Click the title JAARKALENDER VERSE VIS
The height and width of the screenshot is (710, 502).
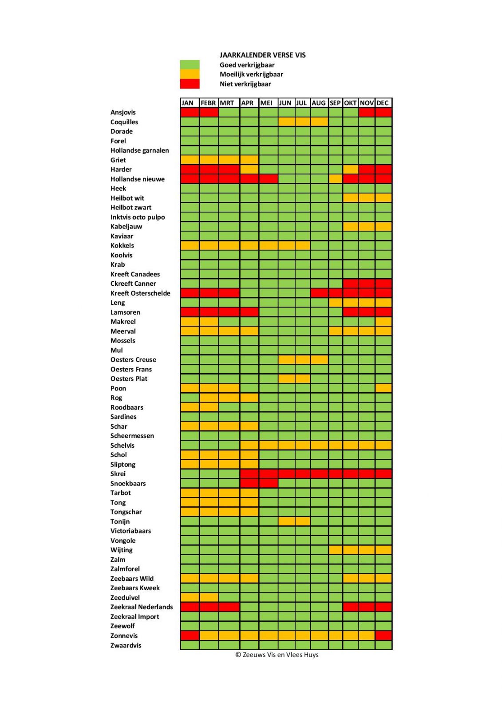(262, 55)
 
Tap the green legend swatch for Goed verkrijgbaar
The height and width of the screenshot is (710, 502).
(190, 65)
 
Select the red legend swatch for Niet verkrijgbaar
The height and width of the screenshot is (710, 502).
(190, 84)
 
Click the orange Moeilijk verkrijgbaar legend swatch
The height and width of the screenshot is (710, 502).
(190, 74)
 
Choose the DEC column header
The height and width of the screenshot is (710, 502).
(383, 103)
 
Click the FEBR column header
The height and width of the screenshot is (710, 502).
(209, 103)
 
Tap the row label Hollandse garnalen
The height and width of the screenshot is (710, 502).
(139, 150)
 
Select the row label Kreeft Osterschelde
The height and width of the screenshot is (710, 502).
(140, 293)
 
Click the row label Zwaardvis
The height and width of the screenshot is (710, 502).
(126, 645)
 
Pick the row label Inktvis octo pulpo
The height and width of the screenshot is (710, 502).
(138, 217)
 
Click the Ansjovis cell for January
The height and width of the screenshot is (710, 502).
(190, 112)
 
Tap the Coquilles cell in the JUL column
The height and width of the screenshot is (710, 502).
(303, 122)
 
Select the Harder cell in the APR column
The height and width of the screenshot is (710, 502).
(249, 169)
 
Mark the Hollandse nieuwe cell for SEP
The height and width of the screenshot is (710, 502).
(336, 179)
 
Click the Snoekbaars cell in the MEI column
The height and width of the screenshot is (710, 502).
(268, 483)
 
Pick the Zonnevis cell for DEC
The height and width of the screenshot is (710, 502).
(383, 635)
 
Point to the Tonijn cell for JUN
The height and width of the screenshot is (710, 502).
(287, 521)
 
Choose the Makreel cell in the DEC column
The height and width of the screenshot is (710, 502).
(383, 321)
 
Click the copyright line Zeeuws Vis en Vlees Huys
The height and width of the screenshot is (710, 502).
(277, 655)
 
